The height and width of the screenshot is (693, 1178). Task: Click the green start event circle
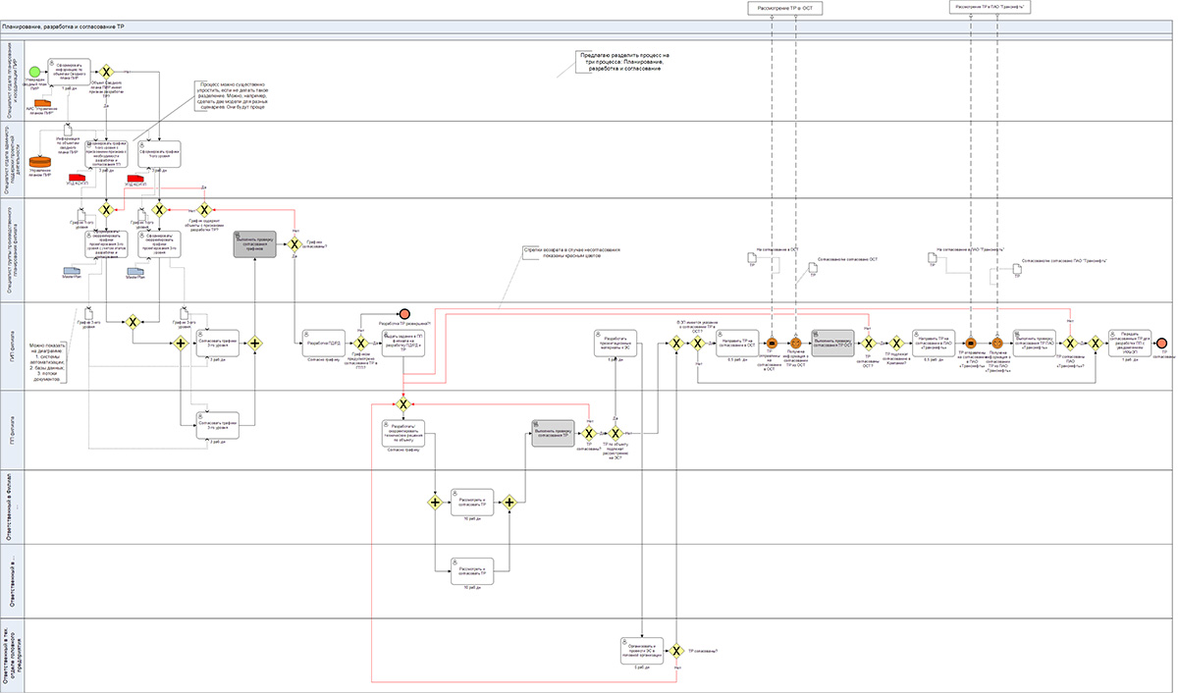point(35,72)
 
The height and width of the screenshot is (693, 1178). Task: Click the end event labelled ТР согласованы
point(1162,343)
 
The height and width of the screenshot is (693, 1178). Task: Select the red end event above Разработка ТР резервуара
point(403,311)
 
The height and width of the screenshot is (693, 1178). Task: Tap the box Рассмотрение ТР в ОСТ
point(784,8)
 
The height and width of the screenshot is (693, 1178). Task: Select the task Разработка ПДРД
point(322,343)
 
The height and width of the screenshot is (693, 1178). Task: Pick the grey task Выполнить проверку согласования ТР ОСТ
point(832,343)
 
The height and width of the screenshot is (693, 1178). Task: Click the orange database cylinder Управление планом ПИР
point(41,161)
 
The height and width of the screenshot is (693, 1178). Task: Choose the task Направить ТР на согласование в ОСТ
point(736,343)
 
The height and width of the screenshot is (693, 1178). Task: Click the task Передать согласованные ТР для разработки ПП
point(1129,343)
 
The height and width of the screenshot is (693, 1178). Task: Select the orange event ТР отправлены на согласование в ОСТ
point(773,343)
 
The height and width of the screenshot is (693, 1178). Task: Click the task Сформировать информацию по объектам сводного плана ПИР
point(71,72)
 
